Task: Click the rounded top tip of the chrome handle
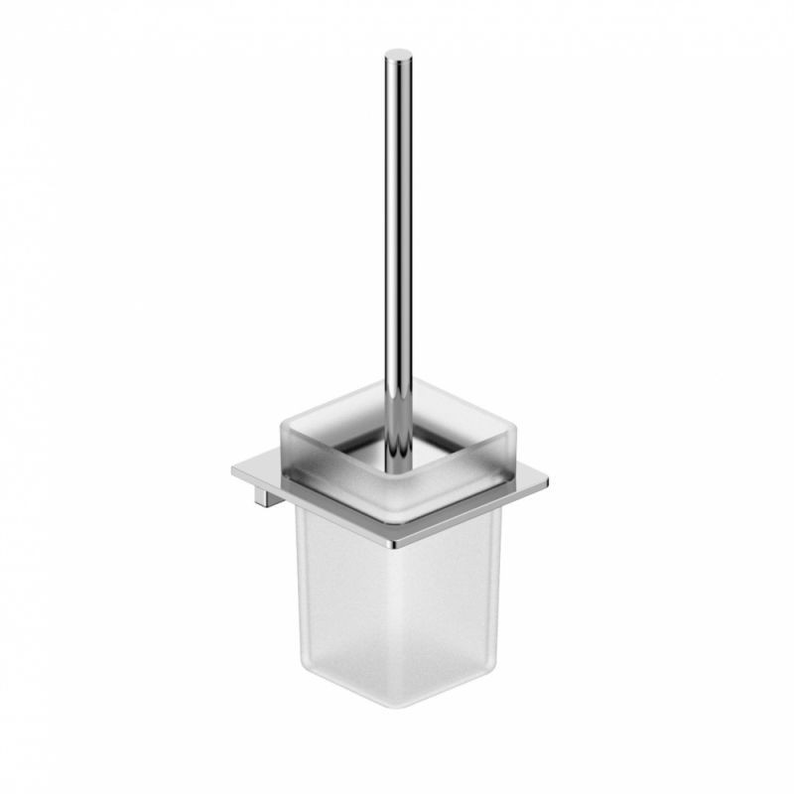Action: click(x=398, y=54)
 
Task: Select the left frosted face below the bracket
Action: click(x=347, y=595)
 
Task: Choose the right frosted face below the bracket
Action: click(x=452, y=595)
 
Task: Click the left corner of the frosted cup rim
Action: click(x=282, y=423)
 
